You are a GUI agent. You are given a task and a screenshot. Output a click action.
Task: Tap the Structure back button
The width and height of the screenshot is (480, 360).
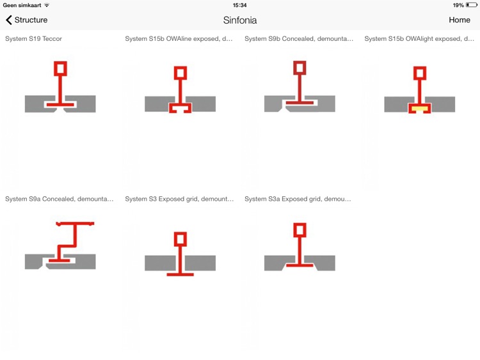[x=27, y=20]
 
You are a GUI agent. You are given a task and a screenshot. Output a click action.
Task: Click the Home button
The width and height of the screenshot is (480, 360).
[x=459, y=20]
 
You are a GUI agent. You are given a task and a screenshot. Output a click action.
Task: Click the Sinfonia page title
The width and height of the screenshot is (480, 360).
[x=240, y=20]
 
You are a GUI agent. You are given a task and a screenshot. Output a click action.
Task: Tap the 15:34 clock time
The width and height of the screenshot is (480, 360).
[x=239, y=5]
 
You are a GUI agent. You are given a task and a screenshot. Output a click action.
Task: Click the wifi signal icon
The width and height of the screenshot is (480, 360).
[x=47, y=5]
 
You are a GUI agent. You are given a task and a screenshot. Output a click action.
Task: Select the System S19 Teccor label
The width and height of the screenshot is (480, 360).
[x=33, y=38]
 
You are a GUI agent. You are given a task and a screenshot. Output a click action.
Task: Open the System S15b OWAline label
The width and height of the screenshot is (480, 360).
[x=179, y=38]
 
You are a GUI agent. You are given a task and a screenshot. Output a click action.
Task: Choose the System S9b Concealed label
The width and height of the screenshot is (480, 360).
[x=299, y=38]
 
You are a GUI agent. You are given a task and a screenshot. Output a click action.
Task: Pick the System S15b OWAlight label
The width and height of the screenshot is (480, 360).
[x=419, y=38]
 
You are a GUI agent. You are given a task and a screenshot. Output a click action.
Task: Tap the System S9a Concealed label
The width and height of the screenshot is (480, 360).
[x=59, y=199]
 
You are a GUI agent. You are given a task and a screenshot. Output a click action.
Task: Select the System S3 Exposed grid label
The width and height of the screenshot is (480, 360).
[x=179, y=199]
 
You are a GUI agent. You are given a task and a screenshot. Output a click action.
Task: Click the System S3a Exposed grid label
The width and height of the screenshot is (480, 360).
[x=298, y=199]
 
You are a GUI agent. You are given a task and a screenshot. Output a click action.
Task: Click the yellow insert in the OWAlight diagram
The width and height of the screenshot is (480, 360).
[x=419, y=108]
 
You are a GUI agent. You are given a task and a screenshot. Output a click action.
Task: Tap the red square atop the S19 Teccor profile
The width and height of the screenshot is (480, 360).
[x=60, y=68]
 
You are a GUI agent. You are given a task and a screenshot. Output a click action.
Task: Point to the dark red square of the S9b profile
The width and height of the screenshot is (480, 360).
[x=300, y=68]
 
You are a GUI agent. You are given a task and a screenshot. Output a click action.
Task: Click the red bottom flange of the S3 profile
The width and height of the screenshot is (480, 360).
[x=180, y=274]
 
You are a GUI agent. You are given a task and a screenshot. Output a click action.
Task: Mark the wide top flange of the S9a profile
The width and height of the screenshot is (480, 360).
[x=76, y=224]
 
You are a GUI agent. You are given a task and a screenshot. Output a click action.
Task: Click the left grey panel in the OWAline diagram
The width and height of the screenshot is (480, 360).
[x=157, y=104]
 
